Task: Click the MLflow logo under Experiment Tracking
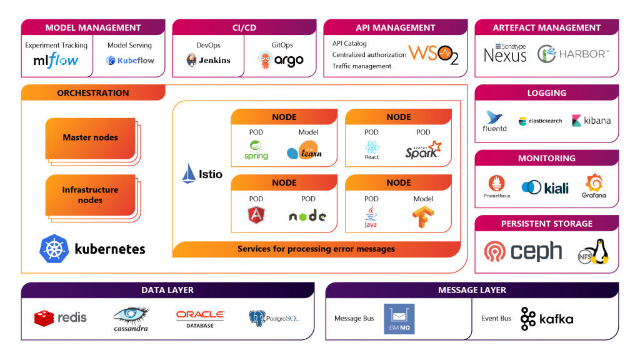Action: pos(56,60)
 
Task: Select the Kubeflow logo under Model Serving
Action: pos(130,61)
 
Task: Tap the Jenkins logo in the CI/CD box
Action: pos(208,60)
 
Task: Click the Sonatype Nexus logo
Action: pos(505,54)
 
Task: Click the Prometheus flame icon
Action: pos(496,184)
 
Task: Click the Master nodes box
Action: pos(90,137)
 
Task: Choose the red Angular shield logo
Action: pos(256,216)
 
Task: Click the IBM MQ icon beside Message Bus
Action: pos(399,319)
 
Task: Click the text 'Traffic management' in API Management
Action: pos(362,66)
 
